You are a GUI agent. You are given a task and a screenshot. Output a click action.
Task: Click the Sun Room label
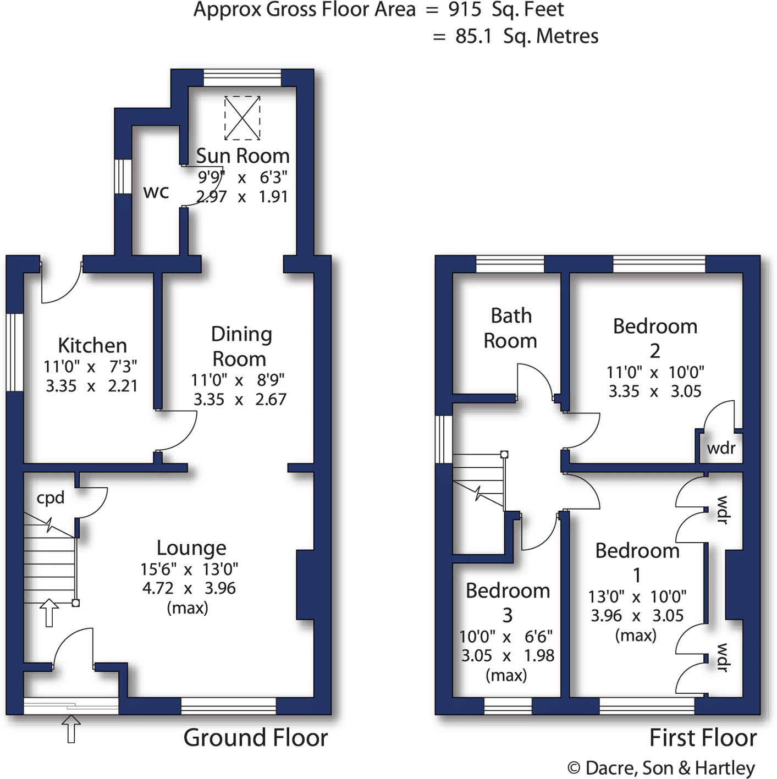(243, 156)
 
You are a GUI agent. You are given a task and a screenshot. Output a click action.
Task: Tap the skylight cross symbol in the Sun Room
(242, 118)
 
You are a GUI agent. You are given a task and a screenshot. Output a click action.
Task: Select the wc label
(156, 192)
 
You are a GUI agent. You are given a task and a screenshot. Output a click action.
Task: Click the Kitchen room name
(92, 345)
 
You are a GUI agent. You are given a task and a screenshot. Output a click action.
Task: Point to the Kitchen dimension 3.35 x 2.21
(91, 386)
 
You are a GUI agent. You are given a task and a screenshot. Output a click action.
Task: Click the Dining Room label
(240, 346)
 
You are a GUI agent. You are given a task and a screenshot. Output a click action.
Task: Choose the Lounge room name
(191, 548)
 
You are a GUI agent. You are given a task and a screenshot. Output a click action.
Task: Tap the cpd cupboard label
(51, 498)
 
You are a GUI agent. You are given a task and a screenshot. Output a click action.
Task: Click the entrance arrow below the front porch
(71, 729)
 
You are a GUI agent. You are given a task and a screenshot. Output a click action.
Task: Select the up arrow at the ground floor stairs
(49, 612)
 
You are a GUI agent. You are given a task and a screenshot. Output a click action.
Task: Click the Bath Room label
(510, 328)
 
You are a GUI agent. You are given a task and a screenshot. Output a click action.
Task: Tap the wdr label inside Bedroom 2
(721, 448)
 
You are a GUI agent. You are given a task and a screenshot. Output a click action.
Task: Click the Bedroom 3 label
(508, 602)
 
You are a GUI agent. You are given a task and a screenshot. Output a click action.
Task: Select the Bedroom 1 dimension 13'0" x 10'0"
(637, 596)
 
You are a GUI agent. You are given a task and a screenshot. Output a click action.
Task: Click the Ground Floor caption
(255, 738)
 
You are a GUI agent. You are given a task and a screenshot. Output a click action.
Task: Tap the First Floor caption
(703, 738)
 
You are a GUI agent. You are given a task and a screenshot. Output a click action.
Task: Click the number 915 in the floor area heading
(465, 9)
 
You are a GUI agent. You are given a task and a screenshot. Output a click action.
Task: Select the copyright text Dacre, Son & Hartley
(670, 768)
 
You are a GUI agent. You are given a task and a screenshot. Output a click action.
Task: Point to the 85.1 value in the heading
(473, 36)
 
